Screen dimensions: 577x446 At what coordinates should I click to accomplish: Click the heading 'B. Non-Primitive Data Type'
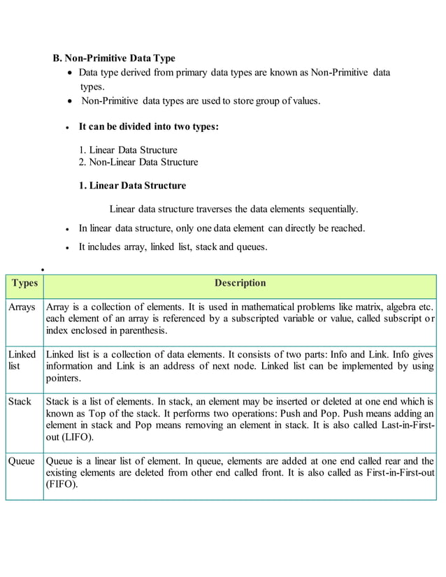coord(115,58)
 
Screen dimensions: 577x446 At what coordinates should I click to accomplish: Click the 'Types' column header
coord(24,283)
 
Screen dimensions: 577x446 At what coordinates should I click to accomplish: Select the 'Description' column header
coord(240,283)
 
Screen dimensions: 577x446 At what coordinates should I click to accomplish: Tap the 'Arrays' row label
coord(22,307)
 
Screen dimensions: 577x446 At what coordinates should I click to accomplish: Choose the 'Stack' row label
coord(20,402)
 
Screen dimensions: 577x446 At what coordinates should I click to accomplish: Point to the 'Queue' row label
coord(22,461)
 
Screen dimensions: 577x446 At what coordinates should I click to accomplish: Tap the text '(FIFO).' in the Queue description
coord(64,485)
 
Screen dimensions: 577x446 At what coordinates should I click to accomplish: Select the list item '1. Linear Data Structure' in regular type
coord(128,149)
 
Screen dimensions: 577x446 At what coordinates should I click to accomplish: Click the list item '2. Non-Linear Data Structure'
coord(138,162)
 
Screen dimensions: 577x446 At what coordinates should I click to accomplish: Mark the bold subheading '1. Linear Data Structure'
coord(132,186)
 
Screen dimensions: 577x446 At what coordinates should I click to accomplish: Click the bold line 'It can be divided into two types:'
coord(148,126)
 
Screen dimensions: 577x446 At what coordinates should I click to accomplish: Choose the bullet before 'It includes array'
coord(67,247)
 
